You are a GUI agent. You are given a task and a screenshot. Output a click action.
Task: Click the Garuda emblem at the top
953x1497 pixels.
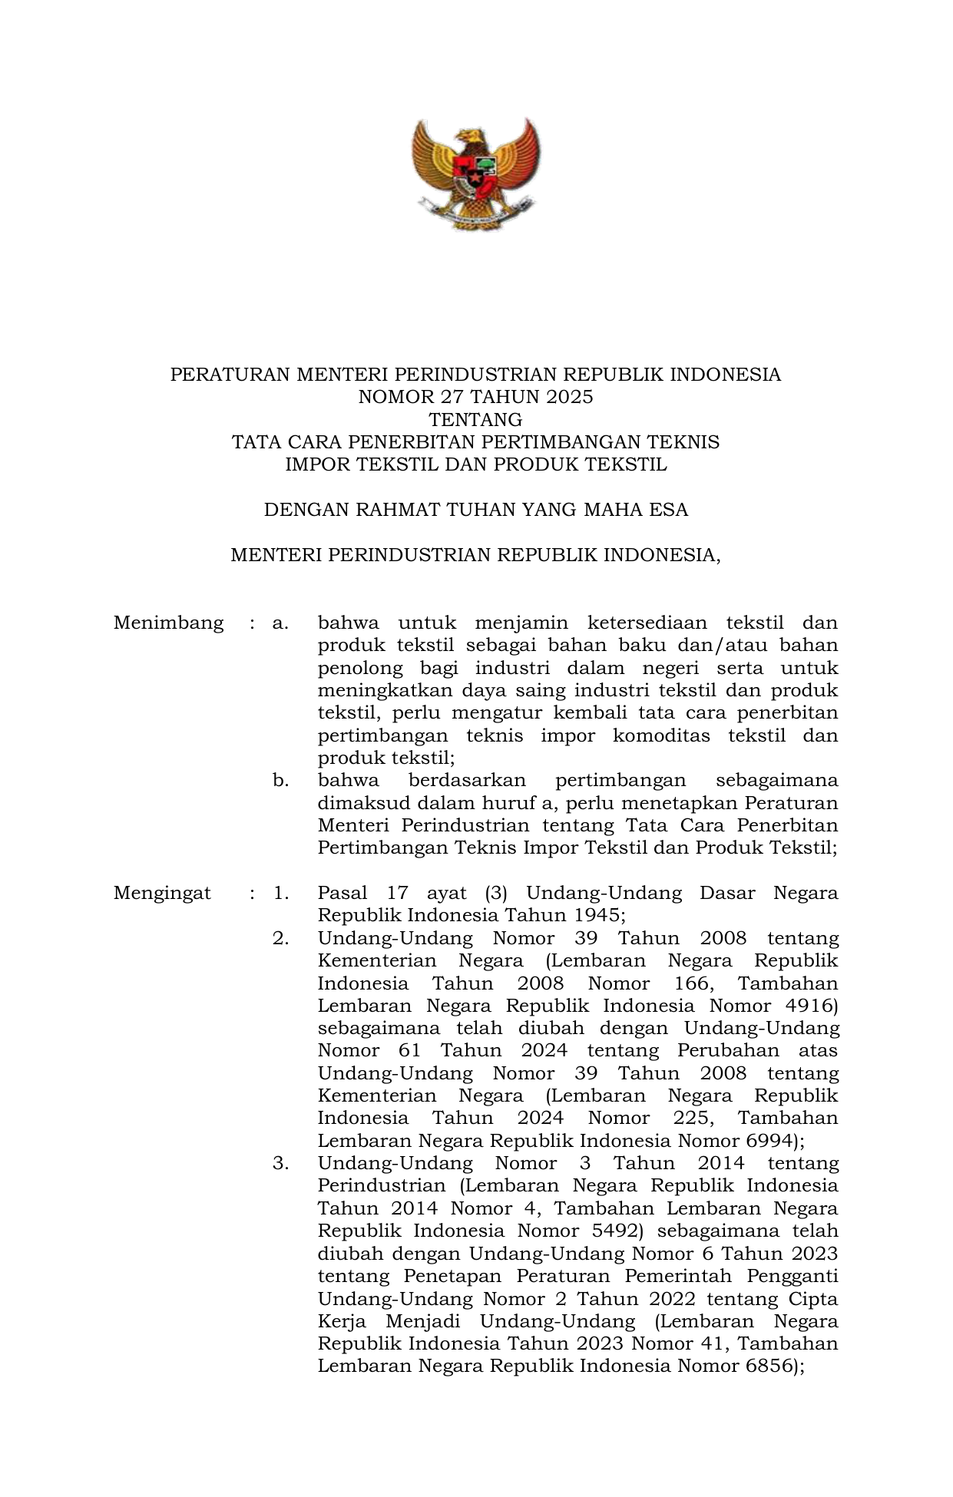pyautogui.click(x=475, y=174)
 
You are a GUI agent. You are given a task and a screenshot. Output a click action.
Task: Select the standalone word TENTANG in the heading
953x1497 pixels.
pyautogui.click(x=475, y=420)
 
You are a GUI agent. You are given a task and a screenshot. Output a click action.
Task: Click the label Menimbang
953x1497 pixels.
pyautogui.click(x=168, y=623)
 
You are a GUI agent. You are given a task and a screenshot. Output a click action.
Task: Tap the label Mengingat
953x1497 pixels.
pyautogui.click(x=162, y=894)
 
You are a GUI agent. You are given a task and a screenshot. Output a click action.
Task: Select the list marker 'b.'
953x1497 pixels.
pyautogui.click(x=280, y=781)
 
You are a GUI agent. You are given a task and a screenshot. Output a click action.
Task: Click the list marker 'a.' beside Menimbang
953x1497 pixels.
pyautogui.click(x=280, y=623)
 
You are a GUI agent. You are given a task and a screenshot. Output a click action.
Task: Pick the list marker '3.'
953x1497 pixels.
pyautogui.click(x=280, y=1164)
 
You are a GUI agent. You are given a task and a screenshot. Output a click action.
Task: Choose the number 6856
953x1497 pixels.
pyautogui.click(x=769, y=1366)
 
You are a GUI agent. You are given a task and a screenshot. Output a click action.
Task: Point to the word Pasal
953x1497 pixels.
pyautogui.click(x=342, y=894)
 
